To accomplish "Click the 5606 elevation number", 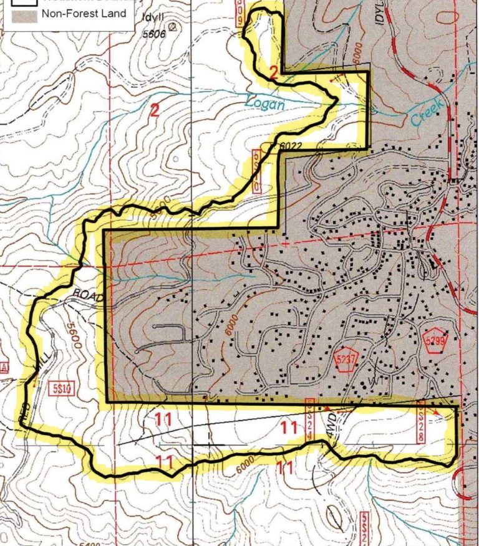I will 153,35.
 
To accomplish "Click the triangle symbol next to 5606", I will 173,27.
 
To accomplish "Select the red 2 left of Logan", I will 155,111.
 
